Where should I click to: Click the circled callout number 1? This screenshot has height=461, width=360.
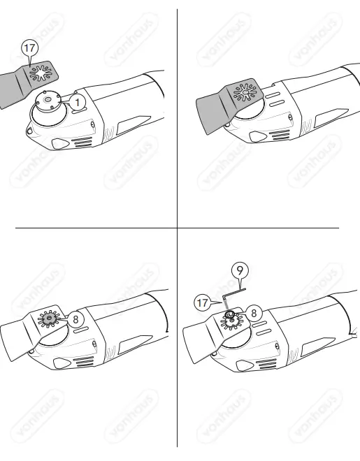pyautogui.click(x=78, y=102)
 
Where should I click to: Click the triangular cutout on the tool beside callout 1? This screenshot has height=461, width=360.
pyautogui.click(x=61, y=142)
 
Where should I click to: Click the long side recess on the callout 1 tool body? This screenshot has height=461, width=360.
pyautogui.click(x=129, y=126)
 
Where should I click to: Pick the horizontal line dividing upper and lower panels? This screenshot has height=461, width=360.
pyautogui.click(x=175, y=228)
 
